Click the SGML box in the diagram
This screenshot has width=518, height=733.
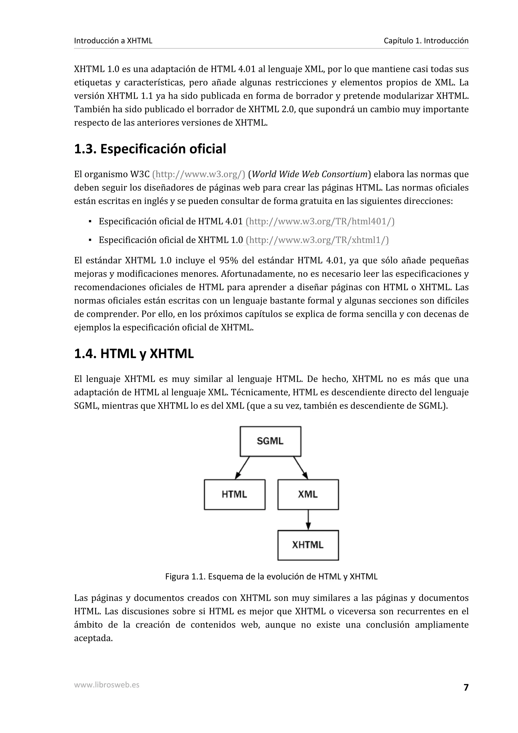click(x=270, y=441)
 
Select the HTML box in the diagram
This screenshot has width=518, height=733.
click(x=234, y=494)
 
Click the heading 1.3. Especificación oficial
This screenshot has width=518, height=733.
click(x=150, y=149)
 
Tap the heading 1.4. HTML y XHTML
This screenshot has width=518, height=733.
click(x=134, y=354)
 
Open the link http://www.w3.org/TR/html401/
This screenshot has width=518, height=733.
click(x=320, y=221)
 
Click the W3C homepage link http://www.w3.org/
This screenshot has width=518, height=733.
click(x=199, y=174)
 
